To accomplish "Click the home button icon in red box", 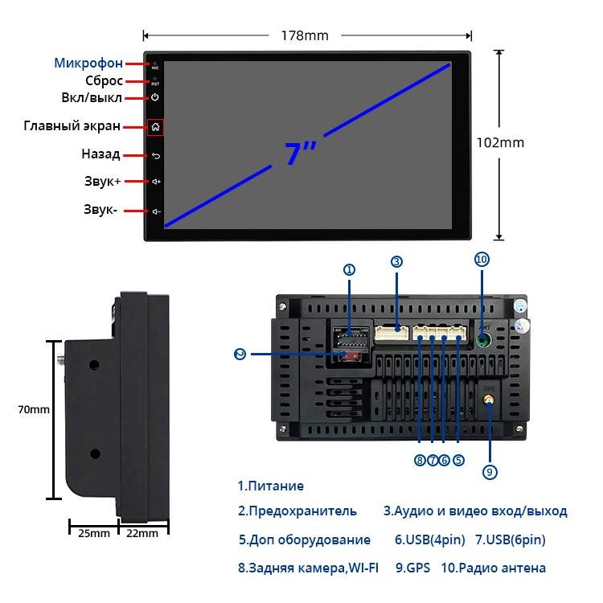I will click(155, 126).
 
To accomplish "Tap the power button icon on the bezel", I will click(155, 97).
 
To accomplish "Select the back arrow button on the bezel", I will click(155, 154).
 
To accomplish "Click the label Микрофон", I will click(88, 63).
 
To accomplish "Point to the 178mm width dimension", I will click(305, 35).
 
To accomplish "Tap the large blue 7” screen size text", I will click(301, 153).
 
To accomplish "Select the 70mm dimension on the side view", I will click(34, 409).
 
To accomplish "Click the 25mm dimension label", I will click(88, 533).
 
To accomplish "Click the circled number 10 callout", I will click(482, 260).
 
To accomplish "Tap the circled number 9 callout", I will click(490, 473).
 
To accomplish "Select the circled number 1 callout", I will click(349, 270).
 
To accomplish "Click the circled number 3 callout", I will click(396, 261).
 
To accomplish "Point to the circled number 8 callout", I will click(420, 461).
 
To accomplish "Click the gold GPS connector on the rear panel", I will click(488, 399).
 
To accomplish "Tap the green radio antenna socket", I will click(482, 338).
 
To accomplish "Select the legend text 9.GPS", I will click(413, 568).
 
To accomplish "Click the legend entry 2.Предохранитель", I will click(297, 511).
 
